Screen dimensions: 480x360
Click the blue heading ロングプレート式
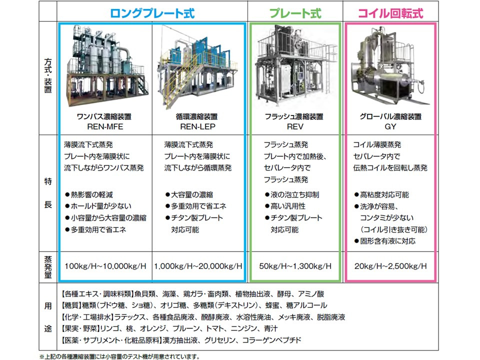pyautogui.click(x=152, y=12)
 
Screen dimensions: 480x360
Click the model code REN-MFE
pyautogui.click(x=105, y=126)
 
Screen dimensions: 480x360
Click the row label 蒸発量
pyautogui.click(x=48, y=265)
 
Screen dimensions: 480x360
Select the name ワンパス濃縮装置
pyautogui.click(x=104, y=116)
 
